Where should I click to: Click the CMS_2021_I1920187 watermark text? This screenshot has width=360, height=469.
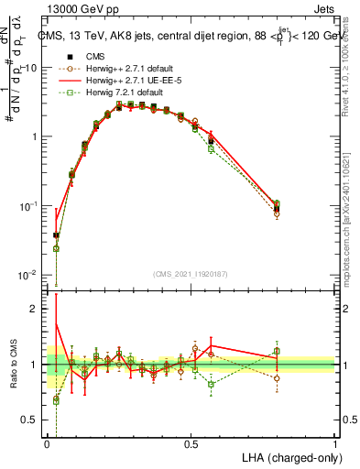(190, 274)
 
